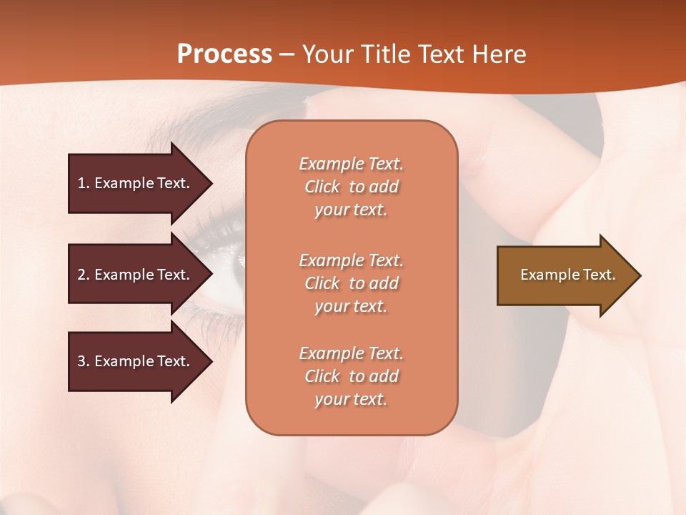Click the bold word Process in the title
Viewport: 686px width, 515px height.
(224, 54)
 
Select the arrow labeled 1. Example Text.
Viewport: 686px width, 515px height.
(136, 183)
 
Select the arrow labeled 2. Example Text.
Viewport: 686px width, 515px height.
(136, 275)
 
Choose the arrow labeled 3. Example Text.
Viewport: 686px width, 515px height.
(136, 361)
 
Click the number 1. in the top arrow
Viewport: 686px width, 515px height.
(84, 183)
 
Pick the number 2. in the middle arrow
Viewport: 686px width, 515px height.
(84, 275)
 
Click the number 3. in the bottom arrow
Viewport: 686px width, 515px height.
(84, 361)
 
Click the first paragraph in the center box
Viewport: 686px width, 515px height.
(351, 187)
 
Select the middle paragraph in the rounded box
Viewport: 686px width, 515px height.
(351, 283)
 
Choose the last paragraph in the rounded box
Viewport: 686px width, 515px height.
(351, 376)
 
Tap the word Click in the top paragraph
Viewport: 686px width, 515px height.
(322, 187)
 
